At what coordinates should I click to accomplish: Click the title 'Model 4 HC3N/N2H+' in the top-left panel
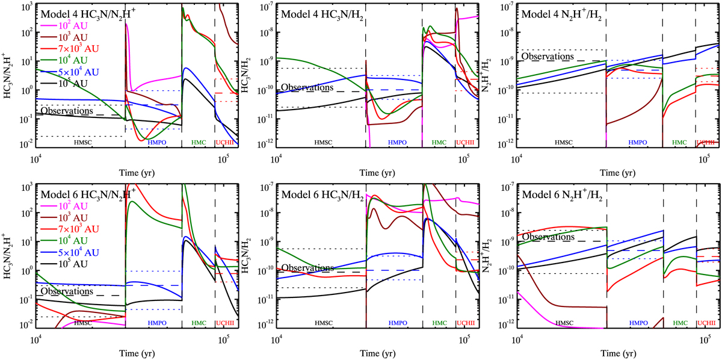pyautogui.click(x=82, y=13)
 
